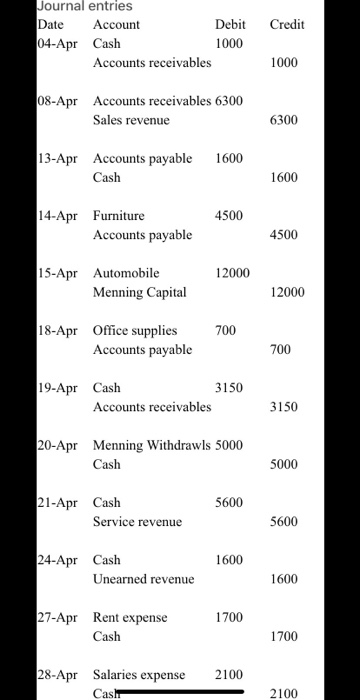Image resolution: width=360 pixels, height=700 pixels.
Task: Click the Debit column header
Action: [230, 24]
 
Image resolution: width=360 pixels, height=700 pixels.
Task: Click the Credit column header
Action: [287, 24]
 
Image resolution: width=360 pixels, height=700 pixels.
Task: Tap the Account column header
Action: [116, 24]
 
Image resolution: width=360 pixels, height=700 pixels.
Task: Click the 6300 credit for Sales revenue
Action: [286, 120]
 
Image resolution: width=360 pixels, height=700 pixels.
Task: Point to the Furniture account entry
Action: [119, 215]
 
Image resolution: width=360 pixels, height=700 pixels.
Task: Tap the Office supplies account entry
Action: [135, 330]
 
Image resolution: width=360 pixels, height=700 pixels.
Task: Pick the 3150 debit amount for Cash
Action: [230, 387]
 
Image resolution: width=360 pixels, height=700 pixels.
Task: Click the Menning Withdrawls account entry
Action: [151, 445]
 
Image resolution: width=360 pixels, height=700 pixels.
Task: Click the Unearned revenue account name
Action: [144, 579]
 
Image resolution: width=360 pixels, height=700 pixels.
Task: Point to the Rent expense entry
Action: [130, 617]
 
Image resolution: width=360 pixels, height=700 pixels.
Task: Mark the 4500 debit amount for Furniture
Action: [230, 215]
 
